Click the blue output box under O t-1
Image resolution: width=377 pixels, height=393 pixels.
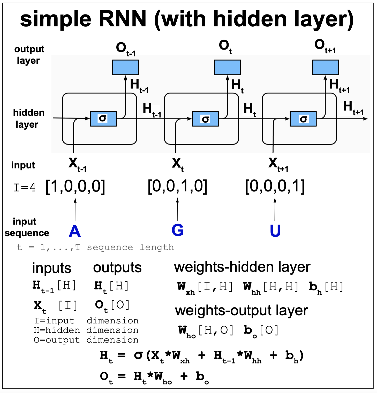tap(125, 67)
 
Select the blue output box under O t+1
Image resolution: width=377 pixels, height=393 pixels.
tap(326, 67)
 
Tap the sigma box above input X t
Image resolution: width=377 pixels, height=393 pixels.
tap(205, 119)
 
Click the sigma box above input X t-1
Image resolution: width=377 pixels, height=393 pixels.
tap(103, 119)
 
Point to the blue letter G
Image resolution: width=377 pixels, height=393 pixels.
tap(178, 230)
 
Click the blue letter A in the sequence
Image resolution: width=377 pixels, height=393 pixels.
tap(75, 231)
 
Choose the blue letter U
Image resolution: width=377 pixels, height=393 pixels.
tap(275, 231)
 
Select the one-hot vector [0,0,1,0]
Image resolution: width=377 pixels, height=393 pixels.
tap(177, 186)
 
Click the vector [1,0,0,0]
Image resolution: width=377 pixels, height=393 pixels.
tap(75, 186)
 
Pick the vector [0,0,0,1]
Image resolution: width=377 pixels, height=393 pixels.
tap(275, 186)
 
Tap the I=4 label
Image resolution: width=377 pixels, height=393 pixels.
tap(24, 187)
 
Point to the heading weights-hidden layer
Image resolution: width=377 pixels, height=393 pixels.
tap(242, 267)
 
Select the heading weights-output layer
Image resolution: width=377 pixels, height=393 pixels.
tap(242, 310)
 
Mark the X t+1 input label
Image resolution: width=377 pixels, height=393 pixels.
tap(278, 164)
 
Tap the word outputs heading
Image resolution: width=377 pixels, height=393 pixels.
tap(117, 268)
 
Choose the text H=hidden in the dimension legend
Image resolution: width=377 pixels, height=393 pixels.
tap(57, 330)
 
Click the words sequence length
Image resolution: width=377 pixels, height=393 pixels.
tap(130, 248)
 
